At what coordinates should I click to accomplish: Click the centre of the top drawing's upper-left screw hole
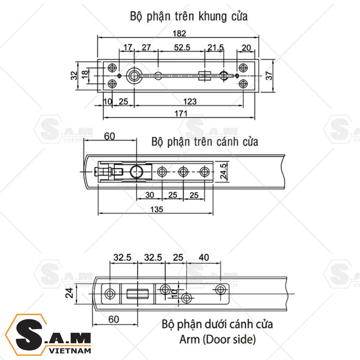tap(112, 67)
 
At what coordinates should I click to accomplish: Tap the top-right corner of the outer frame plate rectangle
tap(259, 59)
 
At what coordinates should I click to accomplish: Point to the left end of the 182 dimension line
tap(98, 37)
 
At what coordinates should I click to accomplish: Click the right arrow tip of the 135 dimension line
tap(213, 213)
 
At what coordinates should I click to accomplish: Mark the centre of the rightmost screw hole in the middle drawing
tap(204, 172)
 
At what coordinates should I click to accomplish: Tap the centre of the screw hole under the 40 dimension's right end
tap(220, 290)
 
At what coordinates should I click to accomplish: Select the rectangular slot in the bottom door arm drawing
tap(138, 294)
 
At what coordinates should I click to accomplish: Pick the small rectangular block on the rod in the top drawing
tap(205, 76)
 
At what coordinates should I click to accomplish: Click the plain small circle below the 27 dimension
tap(158, 76)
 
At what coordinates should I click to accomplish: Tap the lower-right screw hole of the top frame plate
tap(243, 84)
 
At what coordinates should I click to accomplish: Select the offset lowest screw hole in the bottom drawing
tap(186, 298)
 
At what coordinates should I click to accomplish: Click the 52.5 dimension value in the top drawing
tap(182, 47)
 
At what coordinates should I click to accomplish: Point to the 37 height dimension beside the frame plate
tap(269, 76)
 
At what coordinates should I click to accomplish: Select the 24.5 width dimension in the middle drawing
tap(223, 171)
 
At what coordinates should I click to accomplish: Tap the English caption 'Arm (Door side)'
tap(217, 339)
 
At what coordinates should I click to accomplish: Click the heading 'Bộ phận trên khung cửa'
tap(189, 16)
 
